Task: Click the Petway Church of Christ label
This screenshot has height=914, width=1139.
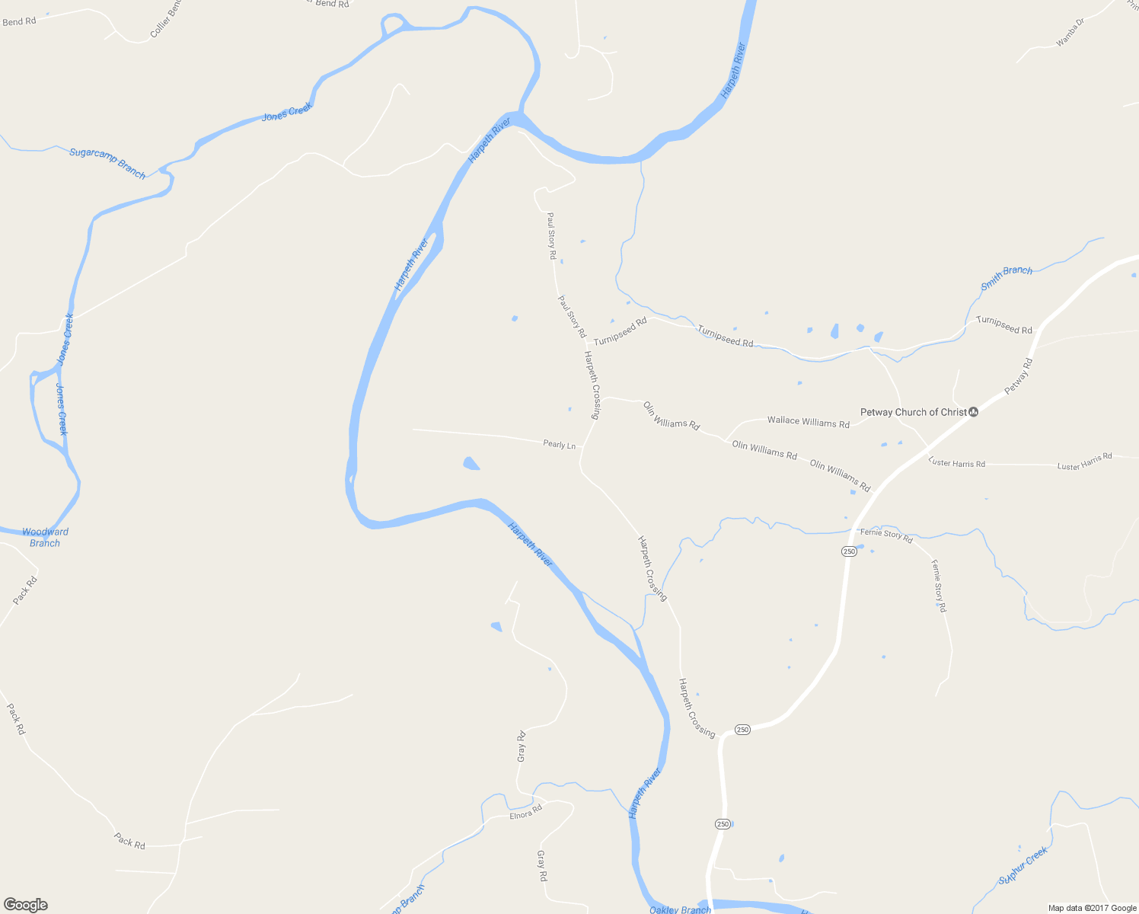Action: [x=913, y=412]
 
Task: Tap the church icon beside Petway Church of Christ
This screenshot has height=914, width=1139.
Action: [x=973, y=412]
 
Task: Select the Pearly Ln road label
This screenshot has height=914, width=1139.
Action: [x=559, y=444]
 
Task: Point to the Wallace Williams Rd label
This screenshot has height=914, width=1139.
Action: [x=808, y=421]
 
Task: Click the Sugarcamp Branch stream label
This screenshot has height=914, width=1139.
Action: [x=107, y=163]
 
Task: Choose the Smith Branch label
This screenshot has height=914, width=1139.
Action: [x=1006, y=278]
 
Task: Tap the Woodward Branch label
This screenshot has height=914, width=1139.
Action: [x=45, y=537]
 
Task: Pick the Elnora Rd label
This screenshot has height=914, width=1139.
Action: [x=525, y=812]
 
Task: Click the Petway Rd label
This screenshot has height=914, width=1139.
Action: [x=1018, y=376]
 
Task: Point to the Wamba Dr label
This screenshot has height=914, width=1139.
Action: [x=1070, y=33]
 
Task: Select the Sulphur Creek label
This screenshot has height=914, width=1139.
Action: [x=1023, y=865]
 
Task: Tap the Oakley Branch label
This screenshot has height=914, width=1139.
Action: [x=680, y=909]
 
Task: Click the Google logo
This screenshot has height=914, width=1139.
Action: [x=25, y=905]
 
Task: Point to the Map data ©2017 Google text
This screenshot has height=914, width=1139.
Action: [x=1092, y=908]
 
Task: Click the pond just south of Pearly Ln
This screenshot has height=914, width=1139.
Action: [x=471, y=463]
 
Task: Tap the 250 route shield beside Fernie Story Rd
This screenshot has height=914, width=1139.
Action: [x=849, y=551]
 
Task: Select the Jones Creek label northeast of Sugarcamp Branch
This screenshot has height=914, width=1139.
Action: [x=287, y=112]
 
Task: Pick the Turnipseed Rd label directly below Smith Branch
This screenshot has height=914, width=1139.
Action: [x=1003, y=324]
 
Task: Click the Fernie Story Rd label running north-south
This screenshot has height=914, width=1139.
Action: [x=939, y=586]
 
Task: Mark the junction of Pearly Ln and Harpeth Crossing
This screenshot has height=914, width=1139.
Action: [x=584, y=447]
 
